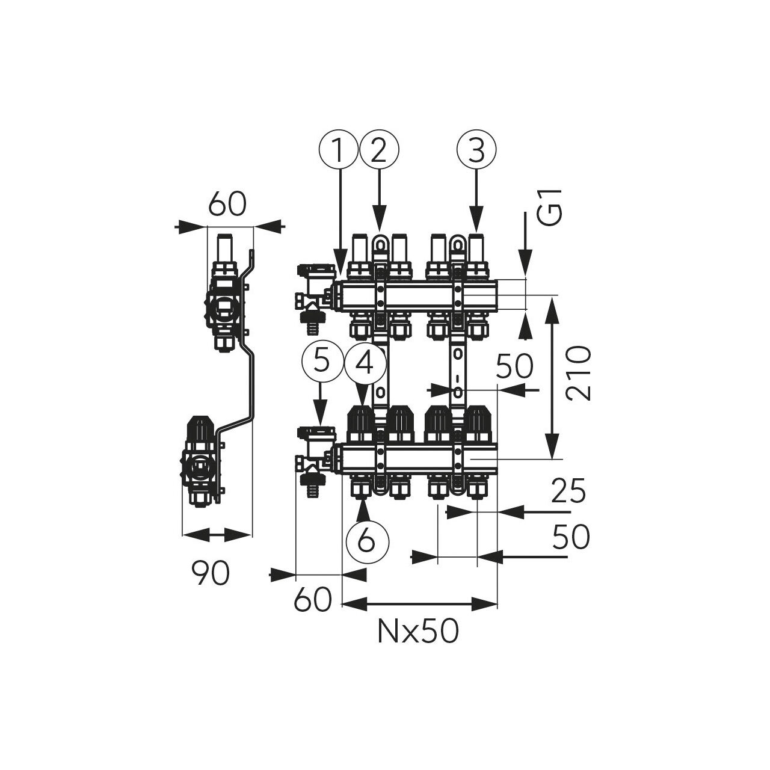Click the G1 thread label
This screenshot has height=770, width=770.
pos(549,208)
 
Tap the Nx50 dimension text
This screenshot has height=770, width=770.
pos(418,631)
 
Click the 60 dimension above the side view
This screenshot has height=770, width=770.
pos(227,205)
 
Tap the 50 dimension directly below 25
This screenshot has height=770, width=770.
pos(571,537)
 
